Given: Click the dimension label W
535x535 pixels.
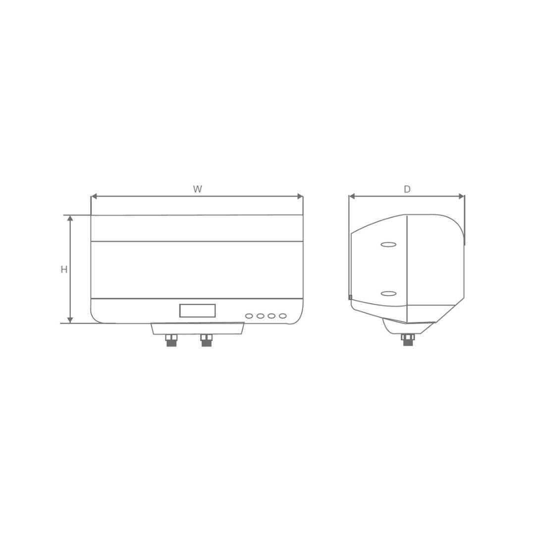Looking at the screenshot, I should (x=198, y=189).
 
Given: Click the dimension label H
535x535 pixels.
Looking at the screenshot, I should (x=64, y=269).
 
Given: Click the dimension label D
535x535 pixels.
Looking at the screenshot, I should (x=407, y=189).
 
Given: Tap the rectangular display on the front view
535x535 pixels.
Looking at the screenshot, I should (x=197, y=311).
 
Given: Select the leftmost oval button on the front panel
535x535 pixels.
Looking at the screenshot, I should (x=249, y=316).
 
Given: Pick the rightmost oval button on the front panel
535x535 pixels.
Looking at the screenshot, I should (x=283, y=316).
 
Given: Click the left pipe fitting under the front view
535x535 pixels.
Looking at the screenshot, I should (x=171, y=340).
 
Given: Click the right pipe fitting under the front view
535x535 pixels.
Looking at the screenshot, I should (x=207, y=340).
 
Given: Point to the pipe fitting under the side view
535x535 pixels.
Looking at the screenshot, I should (x=408, y=339).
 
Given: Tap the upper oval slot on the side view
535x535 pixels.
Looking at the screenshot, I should (x=388, y=244).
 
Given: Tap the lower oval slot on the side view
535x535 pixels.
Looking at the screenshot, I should (x=388, y=293).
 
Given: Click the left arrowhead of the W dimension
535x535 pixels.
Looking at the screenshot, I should (x=94, y=197).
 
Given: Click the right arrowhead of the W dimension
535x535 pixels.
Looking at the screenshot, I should (x=300, y=197).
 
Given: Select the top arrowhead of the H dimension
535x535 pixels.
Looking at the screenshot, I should (x=70, y=218).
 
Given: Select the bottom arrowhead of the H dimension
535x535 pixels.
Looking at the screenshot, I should (x=70, y=320).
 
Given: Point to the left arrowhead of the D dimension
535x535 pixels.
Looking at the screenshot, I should (x=352, y=197).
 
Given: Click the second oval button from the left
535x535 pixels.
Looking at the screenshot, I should (x=261, y=316).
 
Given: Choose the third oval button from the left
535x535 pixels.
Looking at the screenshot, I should (x=271, y=316).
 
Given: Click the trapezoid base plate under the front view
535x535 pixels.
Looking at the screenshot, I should (x=198, y=328).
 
